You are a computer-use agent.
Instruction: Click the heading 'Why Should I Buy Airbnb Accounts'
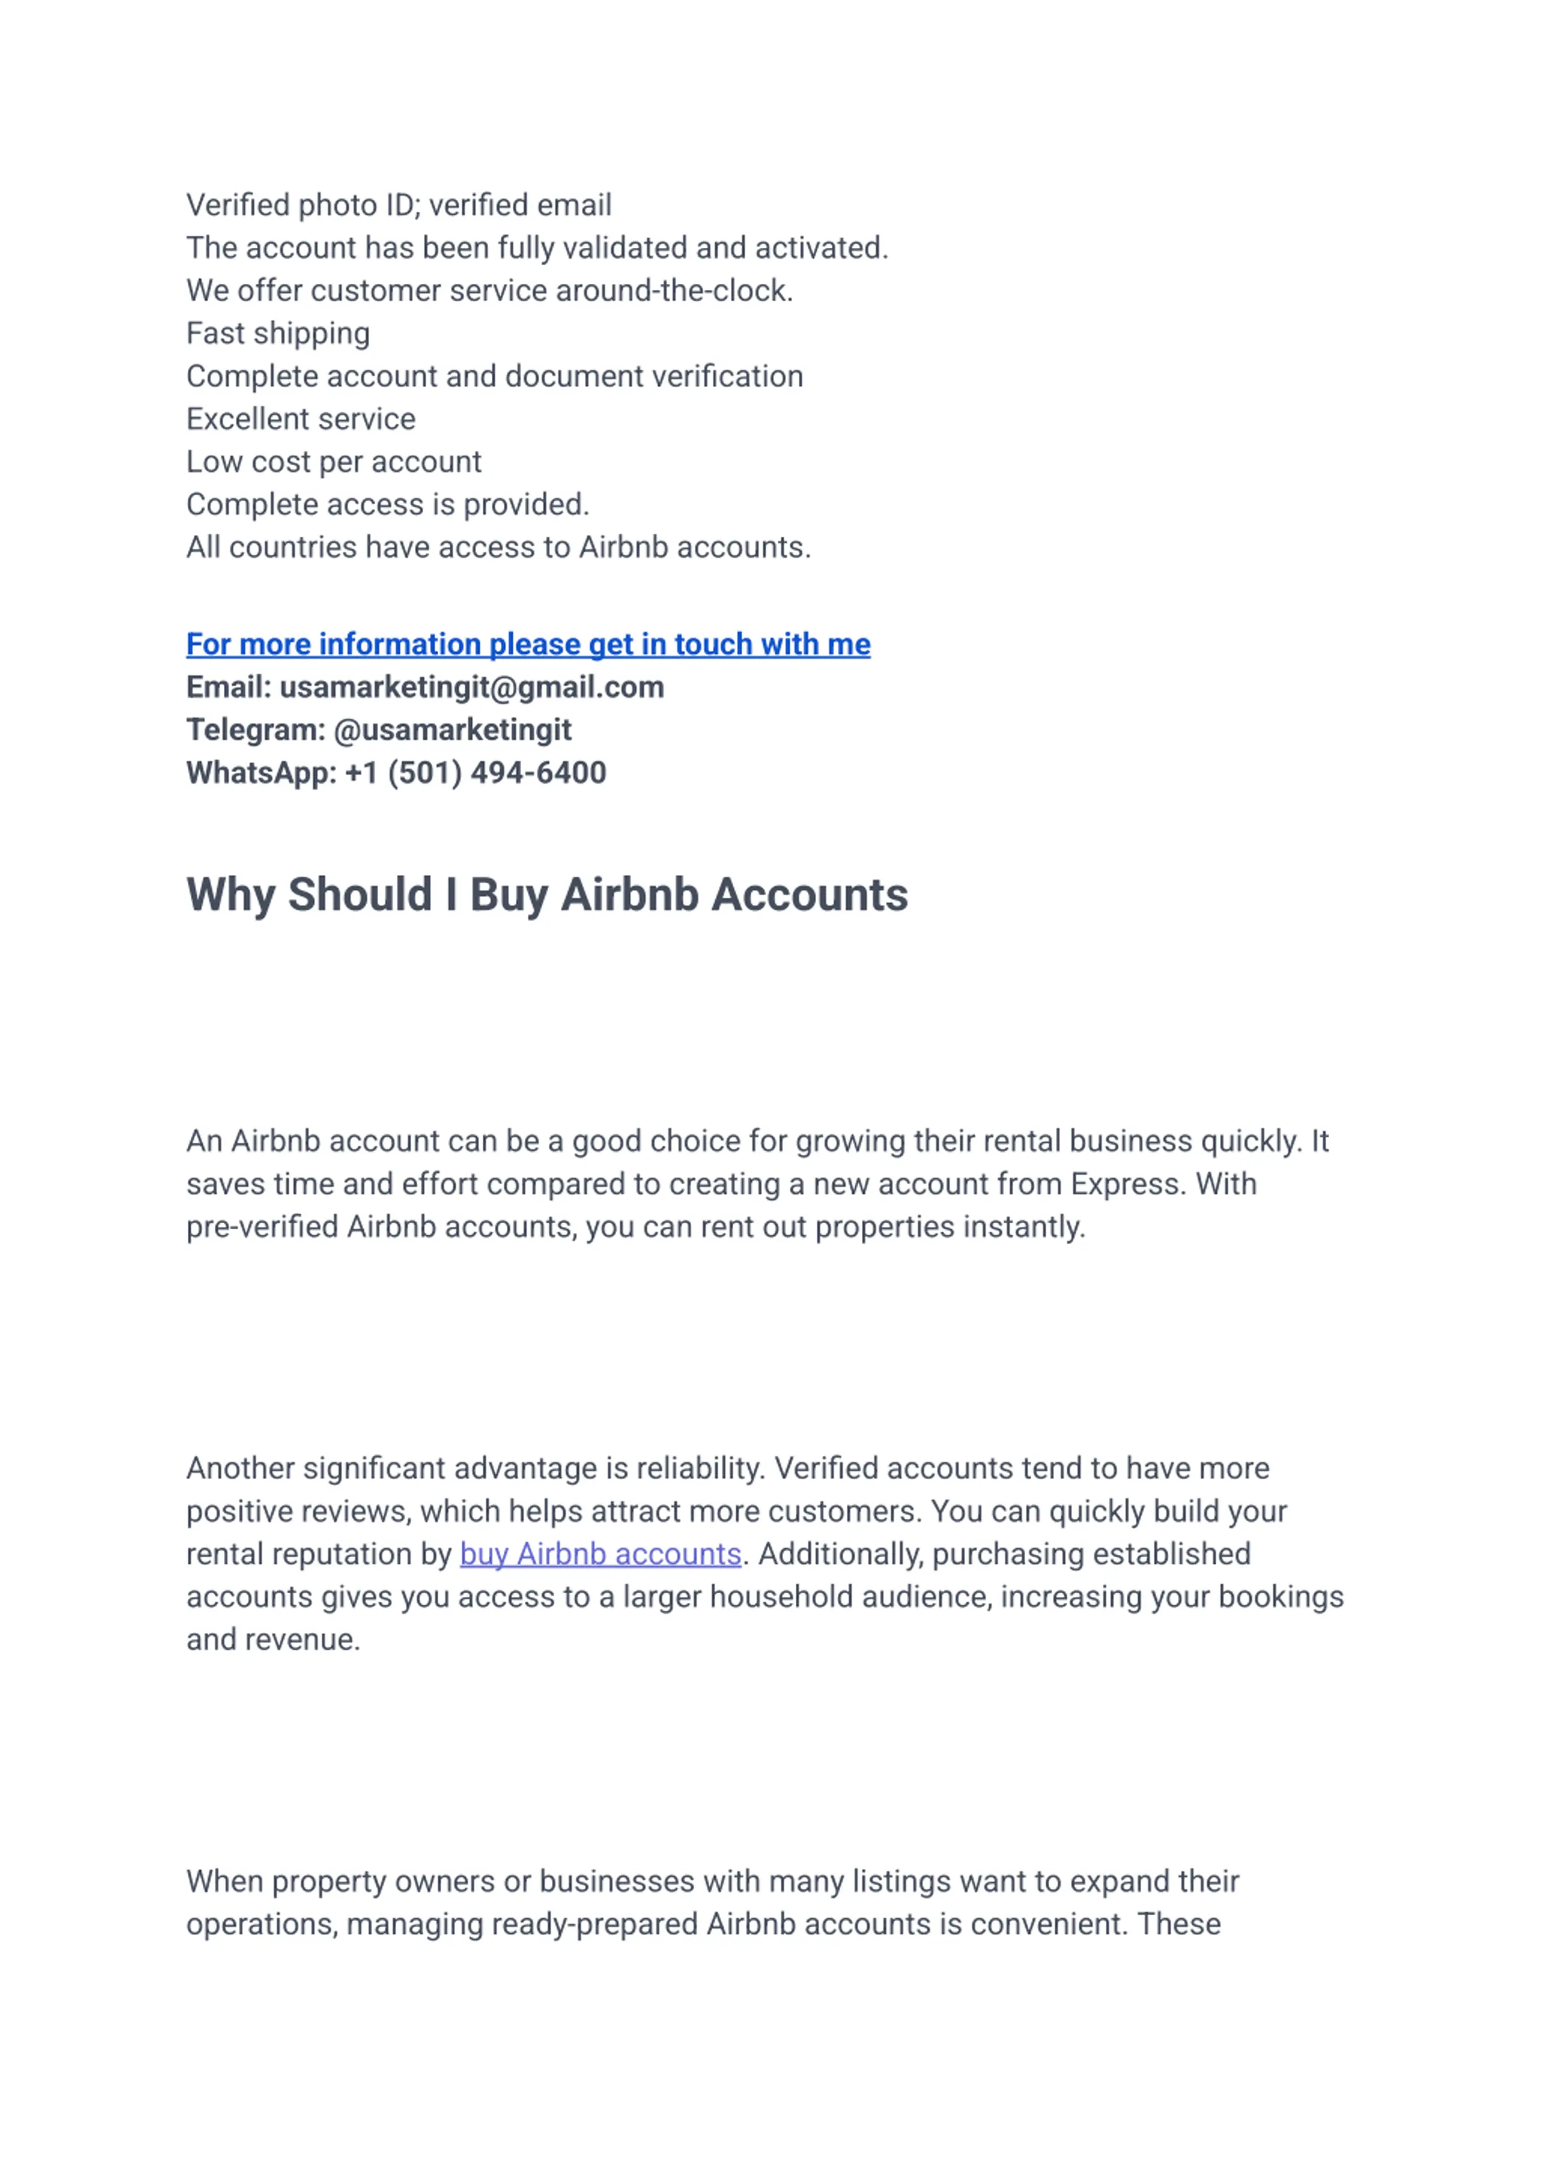[547, 895]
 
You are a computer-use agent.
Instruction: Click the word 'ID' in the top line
[402, 205]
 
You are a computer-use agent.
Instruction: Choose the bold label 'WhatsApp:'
[261, 773]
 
